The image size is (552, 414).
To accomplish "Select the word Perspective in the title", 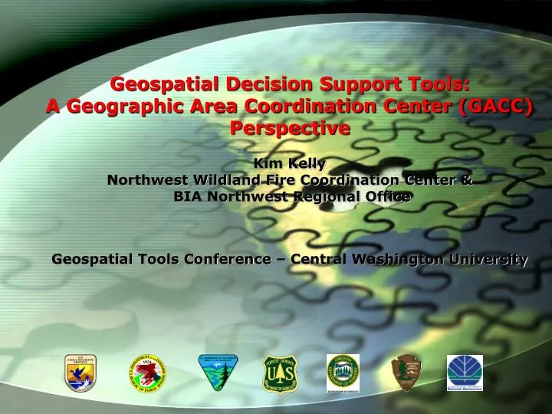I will coord(289,128).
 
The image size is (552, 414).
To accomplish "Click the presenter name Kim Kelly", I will coord(289,163).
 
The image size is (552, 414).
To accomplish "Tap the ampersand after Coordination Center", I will coord(467,180).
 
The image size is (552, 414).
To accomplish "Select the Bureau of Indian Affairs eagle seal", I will coord(146,372).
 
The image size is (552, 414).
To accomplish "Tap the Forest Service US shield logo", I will coord(280,372).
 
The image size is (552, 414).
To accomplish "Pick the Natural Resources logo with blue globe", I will coord(465,372).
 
